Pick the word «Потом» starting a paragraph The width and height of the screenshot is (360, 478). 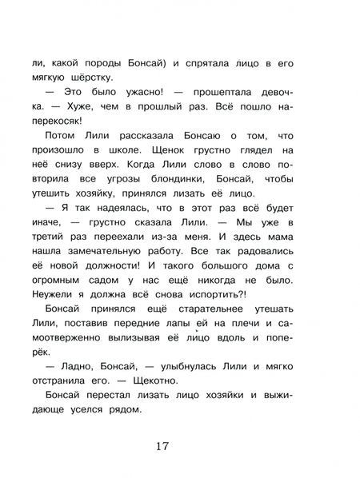82,145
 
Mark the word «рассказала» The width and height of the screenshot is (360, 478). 176,145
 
